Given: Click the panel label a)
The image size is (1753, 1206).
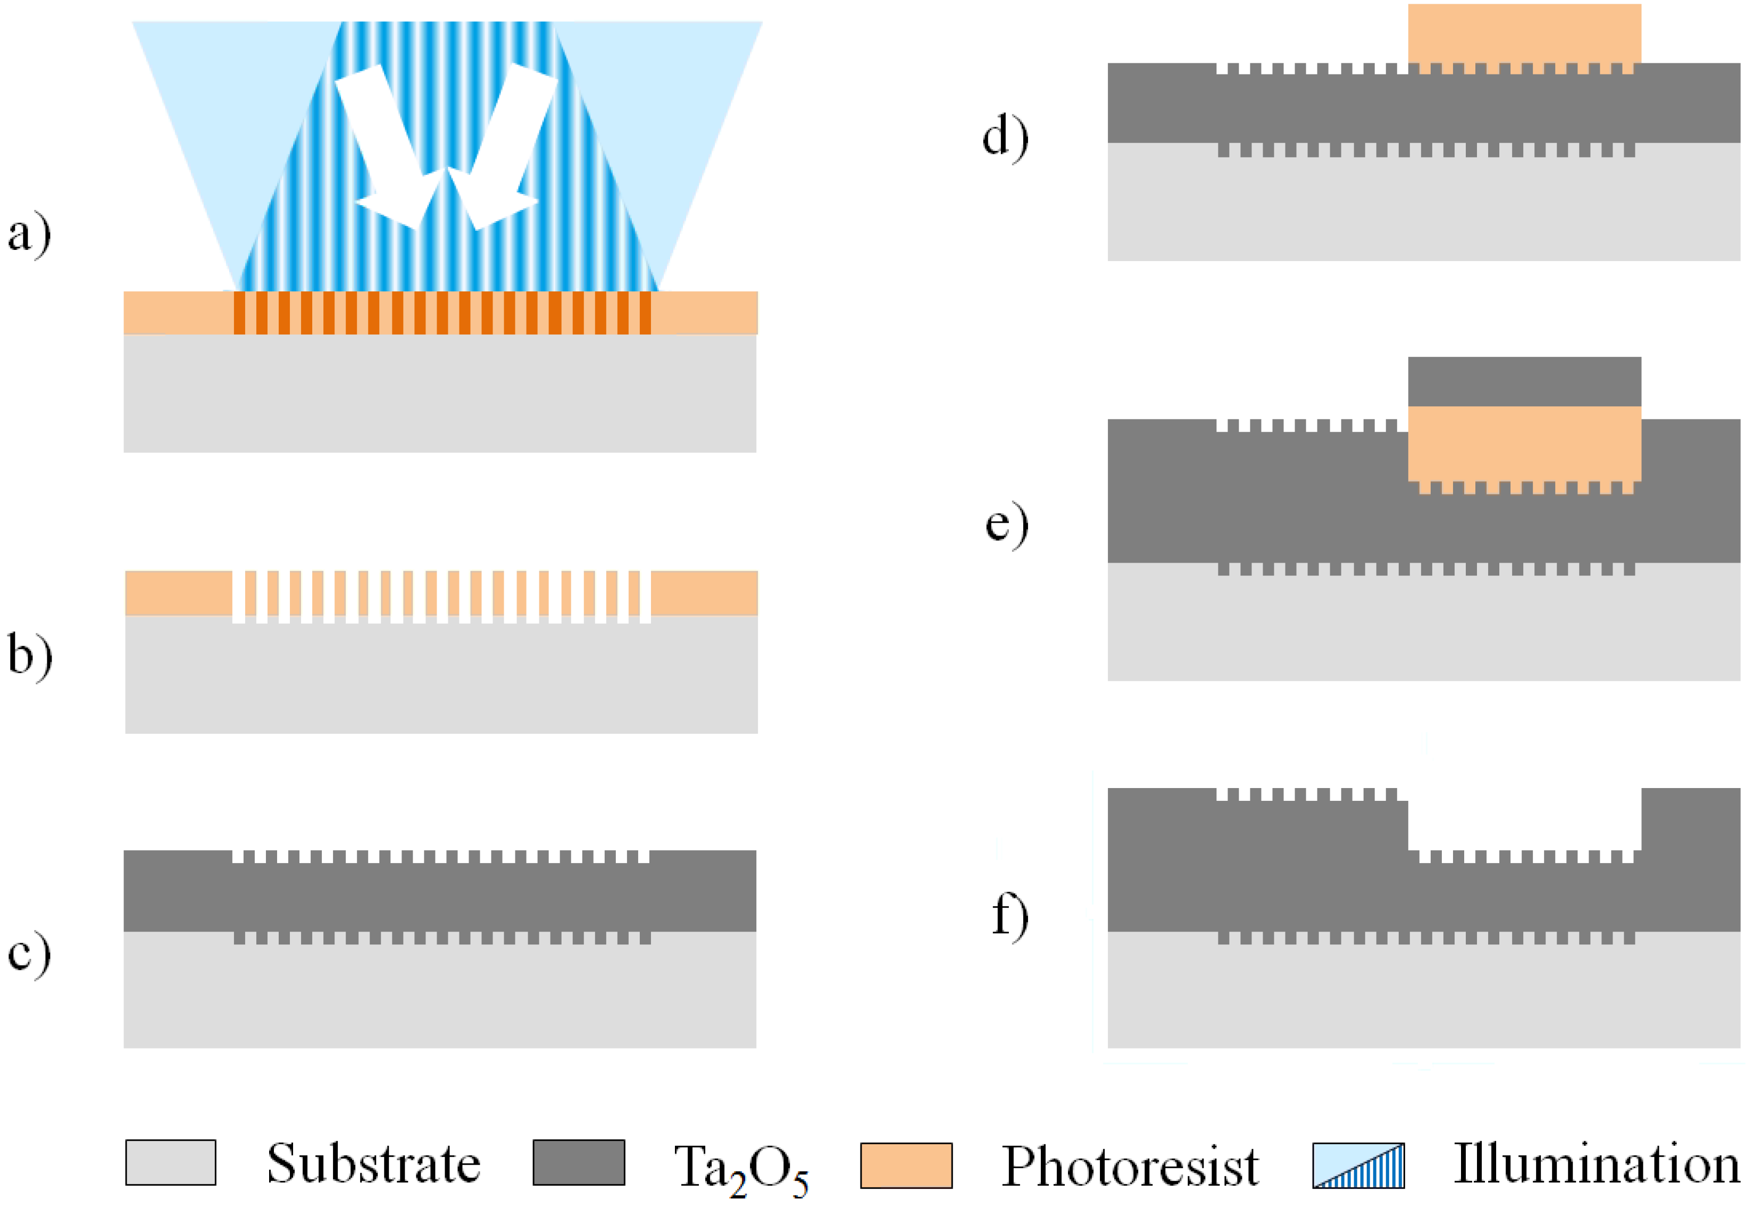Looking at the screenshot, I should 29,235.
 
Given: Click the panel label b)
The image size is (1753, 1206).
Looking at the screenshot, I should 30,655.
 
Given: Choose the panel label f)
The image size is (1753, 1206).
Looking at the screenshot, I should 1009,915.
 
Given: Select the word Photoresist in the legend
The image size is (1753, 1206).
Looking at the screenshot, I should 1130,1166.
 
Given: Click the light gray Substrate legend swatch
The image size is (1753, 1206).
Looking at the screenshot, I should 171,1163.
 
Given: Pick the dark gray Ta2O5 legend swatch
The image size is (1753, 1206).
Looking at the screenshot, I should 579,1163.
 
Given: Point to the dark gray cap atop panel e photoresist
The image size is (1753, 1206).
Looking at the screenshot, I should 1524,382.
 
